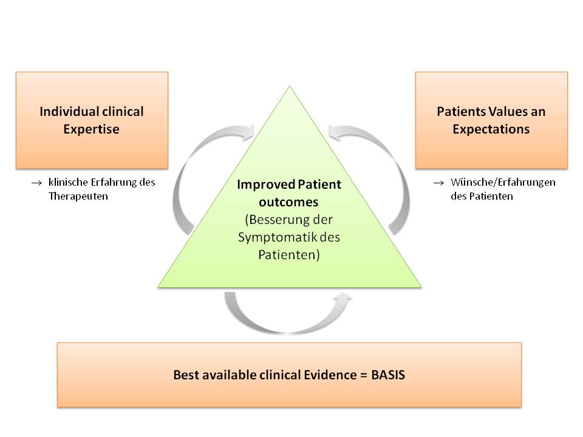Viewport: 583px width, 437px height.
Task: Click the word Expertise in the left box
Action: point(91,129)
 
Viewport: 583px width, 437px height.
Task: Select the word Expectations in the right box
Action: point(491,129)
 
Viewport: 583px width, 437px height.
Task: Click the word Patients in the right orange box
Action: point(459,112)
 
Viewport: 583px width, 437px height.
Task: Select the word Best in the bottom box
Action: point(185,375)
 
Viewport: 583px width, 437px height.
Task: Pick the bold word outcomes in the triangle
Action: point(289,201)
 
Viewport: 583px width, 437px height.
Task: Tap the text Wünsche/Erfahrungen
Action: point(503,182)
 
